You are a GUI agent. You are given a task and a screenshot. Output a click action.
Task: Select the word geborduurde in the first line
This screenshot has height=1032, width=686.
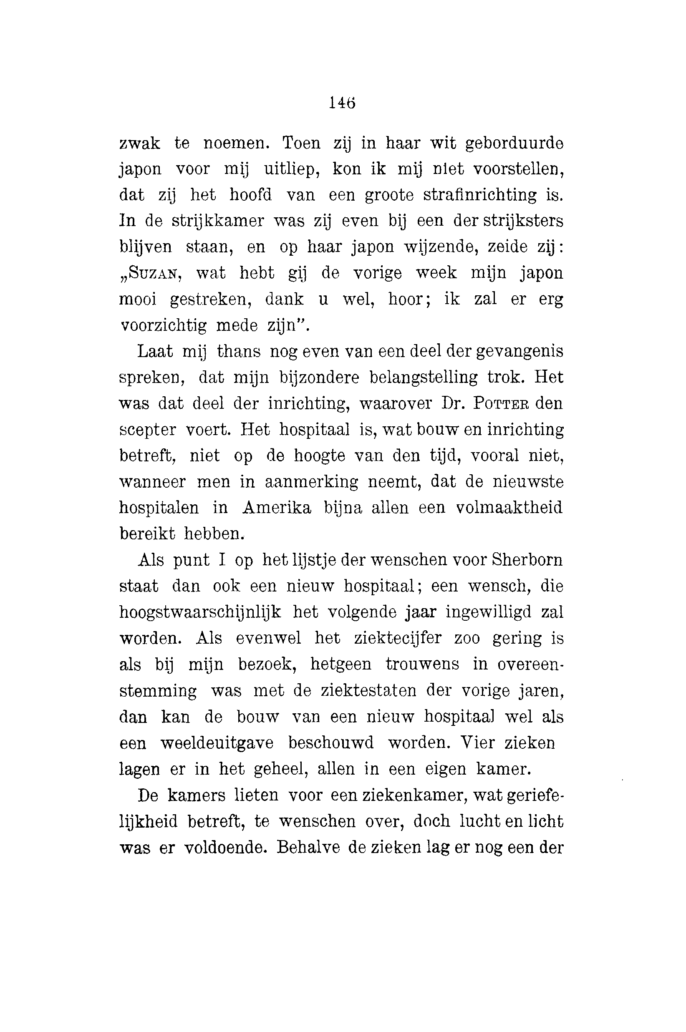coord(514,144)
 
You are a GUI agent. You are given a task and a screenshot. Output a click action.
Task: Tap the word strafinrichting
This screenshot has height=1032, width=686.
coord(479,195)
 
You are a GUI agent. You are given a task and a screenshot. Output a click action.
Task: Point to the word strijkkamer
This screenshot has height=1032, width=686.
coord(217,221)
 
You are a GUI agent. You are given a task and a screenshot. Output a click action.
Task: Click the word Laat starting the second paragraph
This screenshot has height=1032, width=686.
coord(155,352)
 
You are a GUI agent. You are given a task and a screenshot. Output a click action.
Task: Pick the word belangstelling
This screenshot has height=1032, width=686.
coord(424,378)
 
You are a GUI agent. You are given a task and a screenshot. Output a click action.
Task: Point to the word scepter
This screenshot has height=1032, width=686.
coord(147,430)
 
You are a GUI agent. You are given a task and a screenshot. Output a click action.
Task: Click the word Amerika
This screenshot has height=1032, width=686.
coord(277,508)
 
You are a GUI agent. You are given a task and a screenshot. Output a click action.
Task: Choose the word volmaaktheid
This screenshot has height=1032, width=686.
coord(509,508)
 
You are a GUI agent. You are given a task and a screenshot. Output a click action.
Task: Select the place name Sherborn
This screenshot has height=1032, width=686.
coord(527,560)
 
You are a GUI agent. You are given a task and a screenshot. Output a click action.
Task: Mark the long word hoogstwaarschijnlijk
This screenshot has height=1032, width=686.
coord(200,613)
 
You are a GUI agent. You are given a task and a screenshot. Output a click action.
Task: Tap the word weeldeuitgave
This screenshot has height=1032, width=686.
coord(217,743)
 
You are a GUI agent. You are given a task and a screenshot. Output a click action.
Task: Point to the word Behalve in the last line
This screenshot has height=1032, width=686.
coord(308,848)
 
